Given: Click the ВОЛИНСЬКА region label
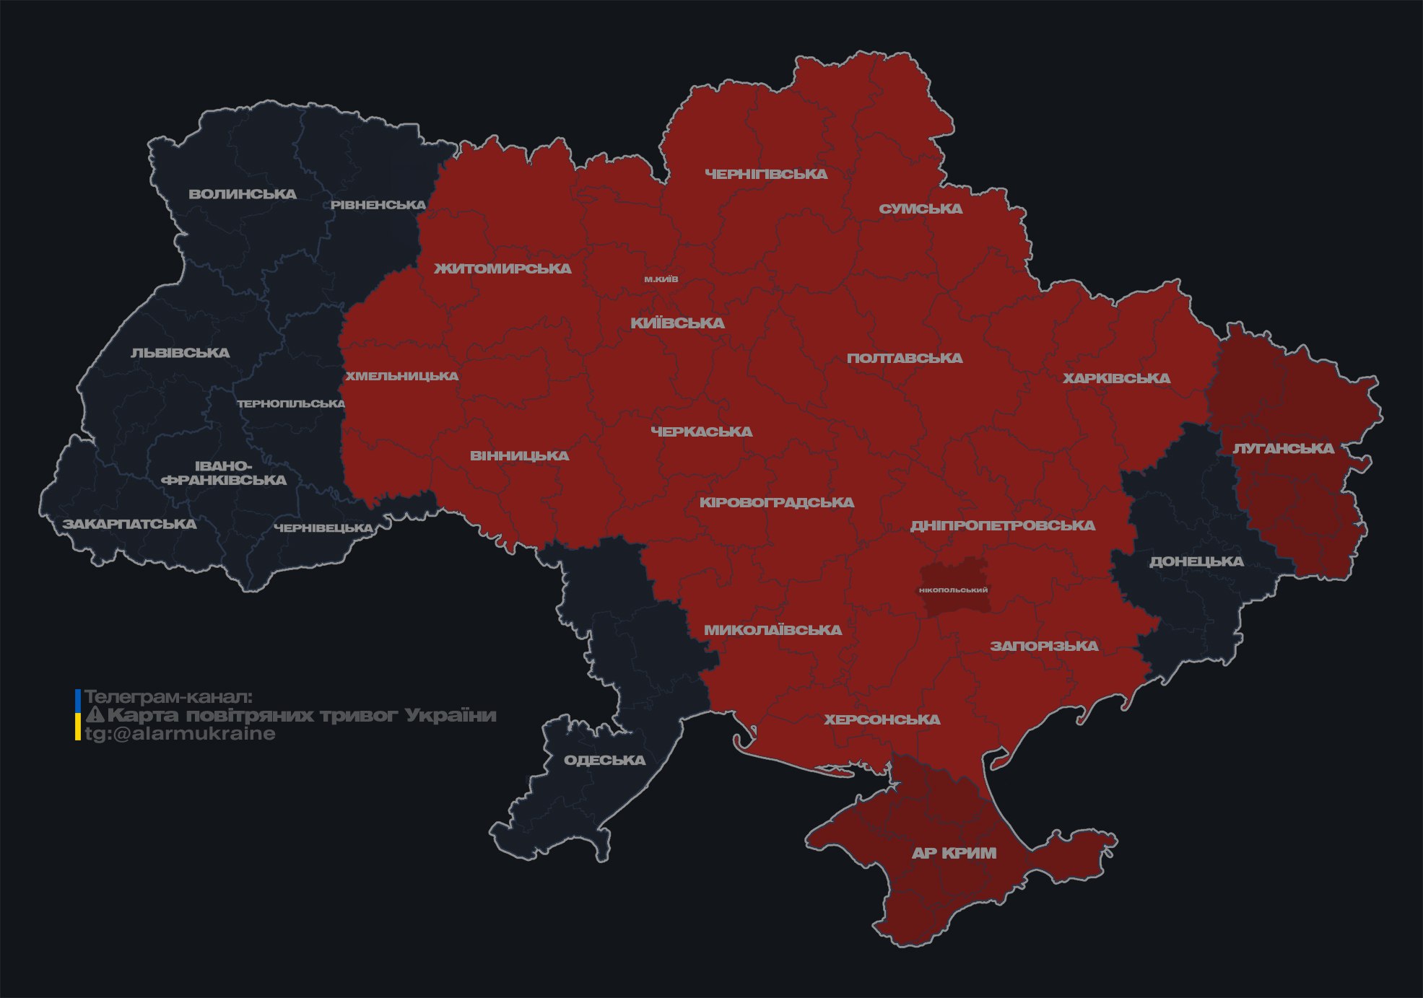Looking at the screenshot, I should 243,194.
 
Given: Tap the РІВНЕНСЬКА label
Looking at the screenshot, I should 378,205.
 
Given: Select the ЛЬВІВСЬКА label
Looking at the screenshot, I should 180,353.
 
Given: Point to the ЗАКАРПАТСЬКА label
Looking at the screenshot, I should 129,524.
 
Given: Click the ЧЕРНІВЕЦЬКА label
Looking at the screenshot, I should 323,528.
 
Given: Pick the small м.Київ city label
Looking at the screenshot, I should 661,279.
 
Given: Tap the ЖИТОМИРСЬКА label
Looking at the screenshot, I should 502,268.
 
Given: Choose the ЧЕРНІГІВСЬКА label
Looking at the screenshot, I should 766,174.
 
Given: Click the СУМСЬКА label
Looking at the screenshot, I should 921,209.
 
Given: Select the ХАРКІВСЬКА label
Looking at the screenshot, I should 1116,378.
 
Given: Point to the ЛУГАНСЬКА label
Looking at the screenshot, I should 1283,448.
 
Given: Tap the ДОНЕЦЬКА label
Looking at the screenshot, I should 1196,561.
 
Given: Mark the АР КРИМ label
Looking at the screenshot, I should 954,853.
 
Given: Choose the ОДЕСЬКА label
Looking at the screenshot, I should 604,760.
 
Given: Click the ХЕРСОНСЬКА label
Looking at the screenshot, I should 882,719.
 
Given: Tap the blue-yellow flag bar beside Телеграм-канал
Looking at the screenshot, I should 78,715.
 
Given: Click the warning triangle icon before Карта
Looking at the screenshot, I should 95,715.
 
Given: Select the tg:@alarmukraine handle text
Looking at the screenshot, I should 180,734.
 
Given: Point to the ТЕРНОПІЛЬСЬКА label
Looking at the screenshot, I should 291,403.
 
